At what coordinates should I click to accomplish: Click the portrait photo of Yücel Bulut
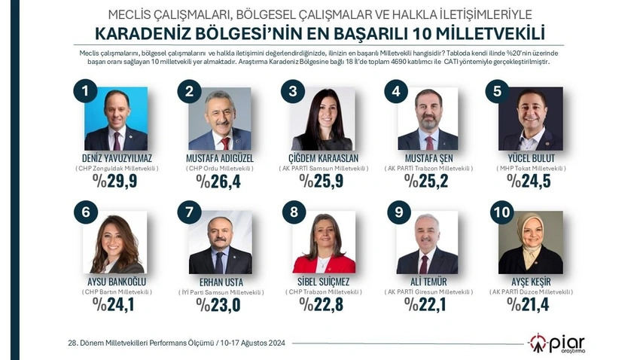tap(531, 119)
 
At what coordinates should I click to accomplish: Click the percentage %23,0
tap(219, 304)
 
